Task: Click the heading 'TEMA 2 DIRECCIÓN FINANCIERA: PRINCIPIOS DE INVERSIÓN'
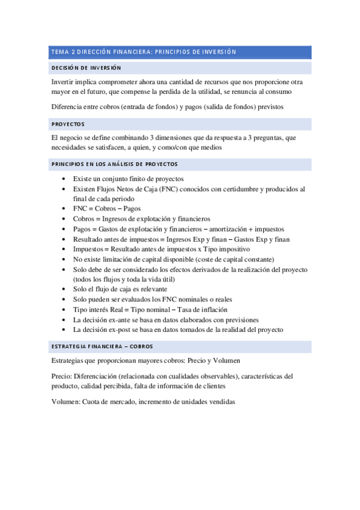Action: [144, 52]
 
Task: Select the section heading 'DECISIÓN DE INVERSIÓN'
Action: [86, 68]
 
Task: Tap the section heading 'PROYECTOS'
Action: [68, 124]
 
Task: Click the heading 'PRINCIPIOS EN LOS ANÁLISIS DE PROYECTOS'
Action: [114, 164]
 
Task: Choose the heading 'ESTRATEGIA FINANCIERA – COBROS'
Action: [102, 346]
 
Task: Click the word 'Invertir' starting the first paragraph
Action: [63, 81]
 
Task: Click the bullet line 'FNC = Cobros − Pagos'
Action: [107, 209]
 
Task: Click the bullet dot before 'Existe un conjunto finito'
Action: [64, 179]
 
